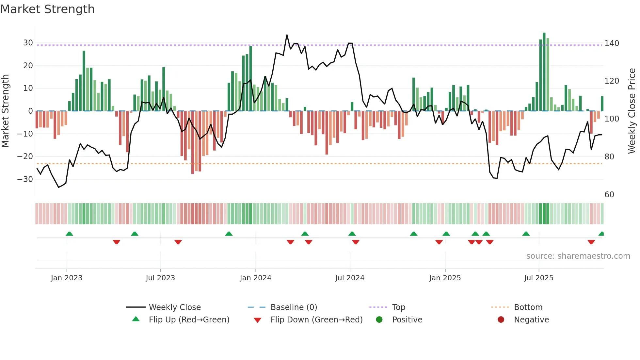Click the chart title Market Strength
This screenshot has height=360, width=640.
click(x=47, y=9)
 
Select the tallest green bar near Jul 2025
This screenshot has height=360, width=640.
click(x=544, y=72)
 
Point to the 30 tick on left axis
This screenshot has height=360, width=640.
click(x=28, y=43)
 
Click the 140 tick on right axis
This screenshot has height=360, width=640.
click(x=612, y=43)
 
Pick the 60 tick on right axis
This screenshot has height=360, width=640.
click(x=609, y=195)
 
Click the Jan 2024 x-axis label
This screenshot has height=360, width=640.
click(x=255, y=278)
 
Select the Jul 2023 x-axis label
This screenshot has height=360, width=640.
click(x=160, y=278)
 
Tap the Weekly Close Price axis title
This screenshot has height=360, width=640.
click(x=632, y=111)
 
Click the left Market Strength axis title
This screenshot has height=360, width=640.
click(x=5, y=111)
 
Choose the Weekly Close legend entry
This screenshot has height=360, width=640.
click(x=175, y=307)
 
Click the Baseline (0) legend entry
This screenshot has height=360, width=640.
click(x=294, y=307)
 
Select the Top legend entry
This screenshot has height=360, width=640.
click(x=398, y=307)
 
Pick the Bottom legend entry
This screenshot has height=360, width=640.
click(x=528, y=307)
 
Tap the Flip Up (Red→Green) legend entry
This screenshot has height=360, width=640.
click(x=189, y=320)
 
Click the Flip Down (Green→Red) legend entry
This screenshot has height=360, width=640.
click(x=316, y=320)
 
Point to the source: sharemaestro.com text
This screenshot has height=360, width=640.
click(x=578, y=256)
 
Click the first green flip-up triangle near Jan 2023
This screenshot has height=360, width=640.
click(x=69, y=234)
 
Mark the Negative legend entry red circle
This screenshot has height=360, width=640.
click(x=501, y=320)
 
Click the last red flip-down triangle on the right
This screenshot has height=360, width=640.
click(x=591, y=242)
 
